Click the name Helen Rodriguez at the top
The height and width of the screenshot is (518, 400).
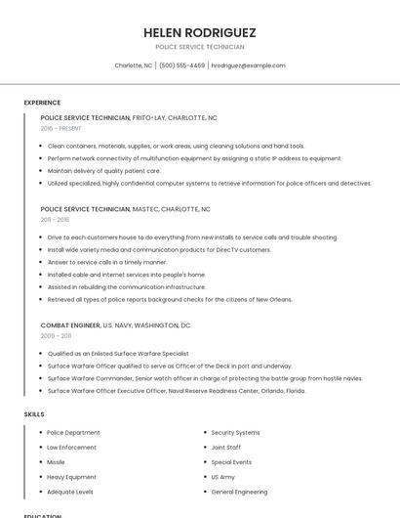click(x=200, y=32)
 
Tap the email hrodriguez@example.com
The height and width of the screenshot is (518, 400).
click(x=248, y=65)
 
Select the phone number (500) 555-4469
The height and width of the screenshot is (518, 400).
click(x=182, y=65)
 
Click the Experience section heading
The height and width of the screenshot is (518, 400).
click(x=42, y=103)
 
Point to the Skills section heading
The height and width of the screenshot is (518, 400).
click(x=34, y=414)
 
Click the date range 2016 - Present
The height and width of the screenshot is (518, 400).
click(x=61, y=128)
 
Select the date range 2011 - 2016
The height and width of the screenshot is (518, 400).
click(x=55, y=220)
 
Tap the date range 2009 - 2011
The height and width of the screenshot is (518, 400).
click(x=56, y=335)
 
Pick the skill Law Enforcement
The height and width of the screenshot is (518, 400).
click(x=71, y=447)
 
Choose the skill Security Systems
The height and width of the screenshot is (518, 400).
click(x=235, y=432)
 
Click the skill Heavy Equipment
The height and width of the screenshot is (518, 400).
click(x=72, y=477)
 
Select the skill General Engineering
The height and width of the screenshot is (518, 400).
click(x=239, y=492)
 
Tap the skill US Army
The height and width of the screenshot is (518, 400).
click(x=223, y=477)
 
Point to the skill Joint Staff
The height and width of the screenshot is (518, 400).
click(x=226, y=447)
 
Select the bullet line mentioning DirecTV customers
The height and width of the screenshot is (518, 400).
click(x=159, y=249)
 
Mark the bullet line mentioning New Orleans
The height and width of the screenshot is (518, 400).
click(x=169, y=299)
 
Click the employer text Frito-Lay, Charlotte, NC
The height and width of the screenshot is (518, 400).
click(x=175, y=117)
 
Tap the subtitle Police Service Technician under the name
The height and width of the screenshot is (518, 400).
click(x=200, y=47)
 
